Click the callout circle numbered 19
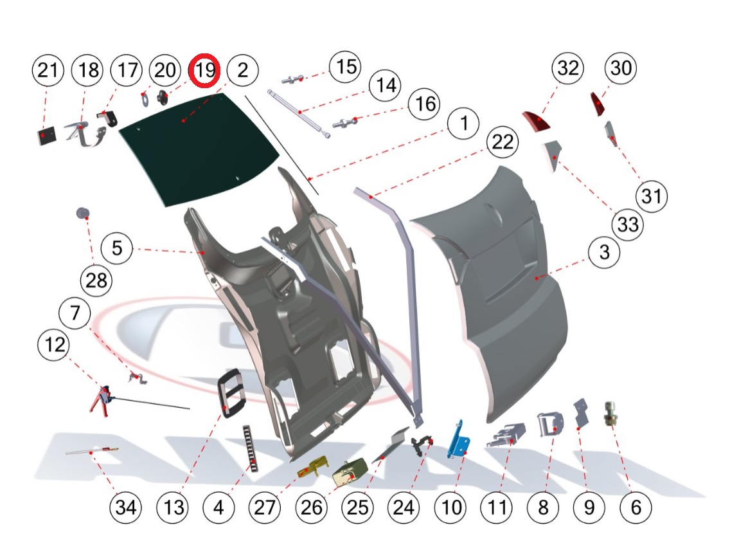pyautogui.click(x=205, y=69)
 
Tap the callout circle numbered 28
pyautogui.click(x=95, y=280)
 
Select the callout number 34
pyautogui.click(x=125, y=508)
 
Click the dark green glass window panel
pyautogui.click(x=199, y=148)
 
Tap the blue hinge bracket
pyautogui.click(x=460, y=441)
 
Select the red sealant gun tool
pyautogui.click(x=100, y=399)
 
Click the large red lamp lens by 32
pyautogui.click(x=535, y=121)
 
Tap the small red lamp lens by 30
pyautogui.click(x=598, y=104)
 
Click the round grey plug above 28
pyautogui.click(x=82, y=213)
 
